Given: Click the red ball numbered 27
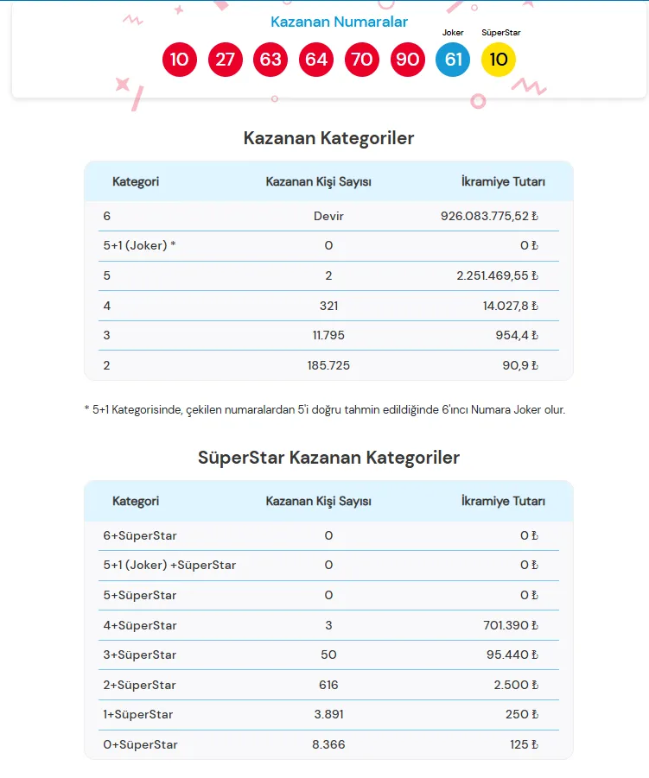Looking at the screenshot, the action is tap(226, 60).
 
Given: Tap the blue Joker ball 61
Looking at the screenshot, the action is tap(453, 60).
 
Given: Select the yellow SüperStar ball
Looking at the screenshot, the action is tap(499, 60).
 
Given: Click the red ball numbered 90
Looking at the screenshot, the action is tap(407, 60).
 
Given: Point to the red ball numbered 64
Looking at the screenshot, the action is tap(316, 60).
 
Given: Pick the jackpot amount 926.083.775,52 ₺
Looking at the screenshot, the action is tap(489, 216).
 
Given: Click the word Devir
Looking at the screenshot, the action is tap(328, 216).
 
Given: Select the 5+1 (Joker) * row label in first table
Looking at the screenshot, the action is tap(139, 246).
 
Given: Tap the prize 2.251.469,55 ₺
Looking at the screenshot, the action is tap(497, 275).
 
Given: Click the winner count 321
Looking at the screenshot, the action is tap(328, 306).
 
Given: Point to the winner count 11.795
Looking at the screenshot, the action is tap(328, 335).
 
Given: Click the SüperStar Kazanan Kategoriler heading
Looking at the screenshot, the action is tap(328, 458).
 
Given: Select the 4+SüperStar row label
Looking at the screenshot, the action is tap(139, 625).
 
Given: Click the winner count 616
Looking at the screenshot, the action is tap(328, 685).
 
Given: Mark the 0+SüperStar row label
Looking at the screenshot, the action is tap(139, 744).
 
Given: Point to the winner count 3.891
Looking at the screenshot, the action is tap(328, 714).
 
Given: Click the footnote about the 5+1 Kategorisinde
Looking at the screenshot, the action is tap(325, 410).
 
